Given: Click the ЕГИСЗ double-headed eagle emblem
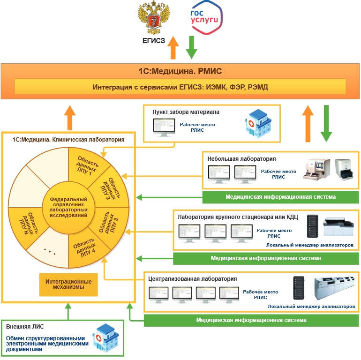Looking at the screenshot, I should [153, 18].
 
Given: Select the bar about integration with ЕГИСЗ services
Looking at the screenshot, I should [180, 87].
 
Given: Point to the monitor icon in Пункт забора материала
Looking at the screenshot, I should [164, 127].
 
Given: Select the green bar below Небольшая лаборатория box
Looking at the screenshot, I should [280, 197].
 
